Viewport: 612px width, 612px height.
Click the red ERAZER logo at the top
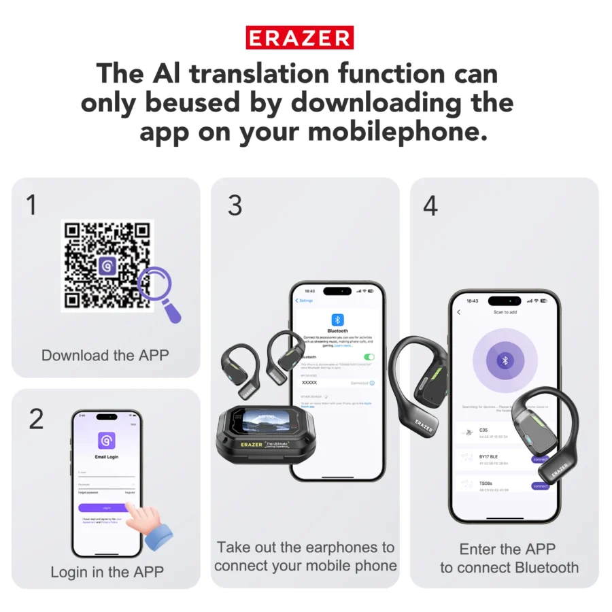coord(300,38)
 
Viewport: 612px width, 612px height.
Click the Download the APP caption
coord(105,355)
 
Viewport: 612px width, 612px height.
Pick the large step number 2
coord(36,420)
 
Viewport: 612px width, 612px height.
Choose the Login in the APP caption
coord(107,572)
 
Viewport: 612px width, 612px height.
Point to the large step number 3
coord(235,205)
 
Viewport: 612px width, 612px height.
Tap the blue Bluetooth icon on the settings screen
coord(337,320)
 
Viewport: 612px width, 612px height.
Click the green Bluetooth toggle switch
coord(369,357)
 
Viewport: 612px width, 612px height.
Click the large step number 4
coord(430,205)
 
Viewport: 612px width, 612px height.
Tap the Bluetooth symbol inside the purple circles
coord(505,360)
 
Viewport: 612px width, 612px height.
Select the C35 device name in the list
coord(483,430)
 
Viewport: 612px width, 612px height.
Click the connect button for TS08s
coord(541,486)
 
